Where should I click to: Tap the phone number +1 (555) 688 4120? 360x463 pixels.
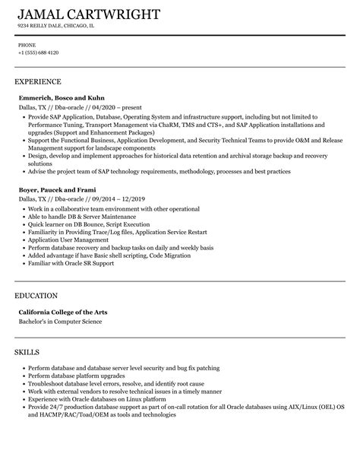38,52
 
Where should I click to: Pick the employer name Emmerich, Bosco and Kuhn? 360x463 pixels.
62,97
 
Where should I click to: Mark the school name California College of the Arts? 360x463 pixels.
68,311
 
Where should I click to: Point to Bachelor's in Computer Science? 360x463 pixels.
59,322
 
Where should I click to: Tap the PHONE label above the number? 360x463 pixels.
27,45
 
